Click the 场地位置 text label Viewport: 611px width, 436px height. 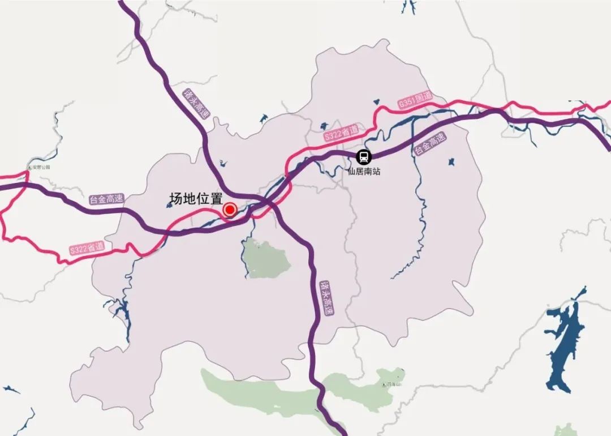196,199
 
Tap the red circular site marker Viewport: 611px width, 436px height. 230,210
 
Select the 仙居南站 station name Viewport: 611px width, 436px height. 364,170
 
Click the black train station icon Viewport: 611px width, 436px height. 363,157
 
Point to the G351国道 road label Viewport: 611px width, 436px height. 415,100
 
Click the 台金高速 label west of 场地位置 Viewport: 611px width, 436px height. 106,199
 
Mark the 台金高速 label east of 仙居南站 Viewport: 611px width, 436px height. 430,144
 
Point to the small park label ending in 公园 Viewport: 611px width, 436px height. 41,167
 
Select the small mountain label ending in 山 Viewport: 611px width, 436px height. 394,384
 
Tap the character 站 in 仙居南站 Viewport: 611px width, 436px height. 376,170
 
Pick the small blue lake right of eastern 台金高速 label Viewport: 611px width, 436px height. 451,162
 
